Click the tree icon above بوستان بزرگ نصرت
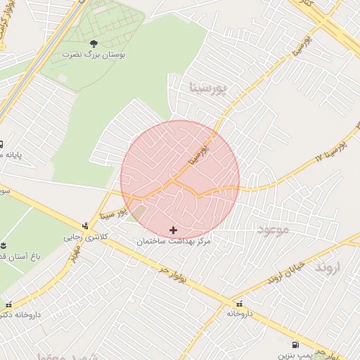(x=93, y=44)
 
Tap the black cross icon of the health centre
(x=174, y=230)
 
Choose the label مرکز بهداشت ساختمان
(x=174, y=241)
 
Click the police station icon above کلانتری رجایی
(x=86, y=226)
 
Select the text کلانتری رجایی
(x=86, y=237)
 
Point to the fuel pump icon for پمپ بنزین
(x=294, y=345)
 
